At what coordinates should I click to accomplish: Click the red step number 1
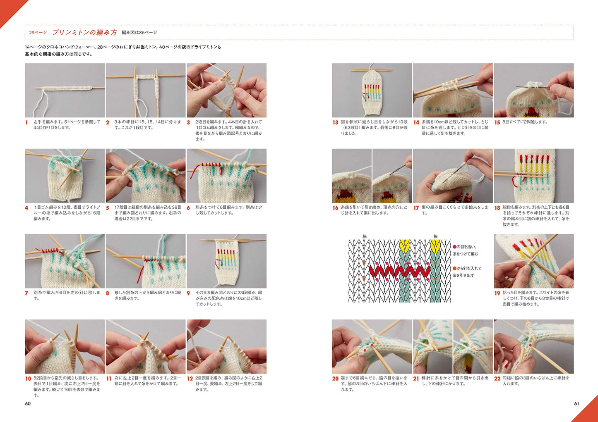26,122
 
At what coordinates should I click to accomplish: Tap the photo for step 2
145,90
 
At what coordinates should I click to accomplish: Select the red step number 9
188,293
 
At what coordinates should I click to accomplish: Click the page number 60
28,403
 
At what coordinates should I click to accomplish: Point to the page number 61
576,403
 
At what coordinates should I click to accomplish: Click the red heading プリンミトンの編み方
84,32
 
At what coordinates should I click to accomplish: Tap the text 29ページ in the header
38,32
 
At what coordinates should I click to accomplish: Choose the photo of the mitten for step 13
372,90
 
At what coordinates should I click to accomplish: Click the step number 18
497,208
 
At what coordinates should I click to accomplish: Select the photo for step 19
533,261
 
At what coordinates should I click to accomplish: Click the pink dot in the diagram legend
454,247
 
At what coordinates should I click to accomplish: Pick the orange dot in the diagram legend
454,268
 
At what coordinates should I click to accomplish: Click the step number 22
497,379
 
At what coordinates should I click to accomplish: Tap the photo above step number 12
226,346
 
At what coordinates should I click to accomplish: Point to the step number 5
108,208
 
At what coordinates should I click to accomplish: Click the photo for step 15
533,90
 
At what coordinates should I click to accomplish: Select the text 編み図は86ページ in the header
139,32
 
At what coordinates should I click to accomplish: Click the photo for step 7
65,261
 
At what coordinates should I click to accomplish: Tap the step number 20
335,379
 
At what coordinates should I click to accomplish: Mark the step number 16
335,208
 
